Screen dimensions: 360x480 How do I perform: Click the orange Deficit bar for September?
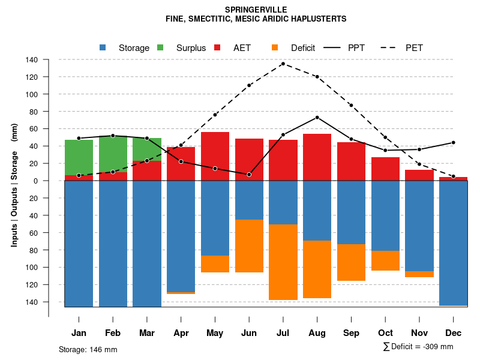351,262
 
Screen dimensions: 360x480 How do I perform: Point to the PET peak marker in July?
283,64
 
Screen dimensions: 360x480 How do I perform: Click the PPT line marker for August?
317,118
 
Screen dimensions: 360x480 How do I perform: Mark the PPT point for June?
249,175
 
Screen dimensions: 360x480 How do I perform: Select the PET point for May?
215,115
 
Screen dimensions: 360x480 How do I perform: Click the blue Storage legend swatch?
103,48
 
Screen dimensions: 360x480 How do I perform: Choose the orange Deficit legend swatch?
275,48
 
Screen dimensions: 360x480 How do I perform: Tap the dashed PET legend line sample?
390,48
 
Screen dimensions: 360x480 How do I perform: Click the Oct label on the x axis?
385,333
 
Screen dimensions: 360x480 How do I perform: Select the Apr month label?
181,333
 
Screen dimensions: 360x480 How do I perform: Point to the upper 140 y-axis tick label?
32,60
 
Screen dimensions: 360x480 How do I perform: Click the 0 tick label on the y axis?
35,181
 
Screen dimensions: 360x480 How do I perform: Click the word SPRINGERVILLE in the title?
256,10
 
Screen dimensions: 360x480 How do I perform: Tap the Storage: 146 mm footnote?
88,349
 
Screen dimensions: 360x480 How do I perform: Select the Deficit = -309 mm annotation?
418,347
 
